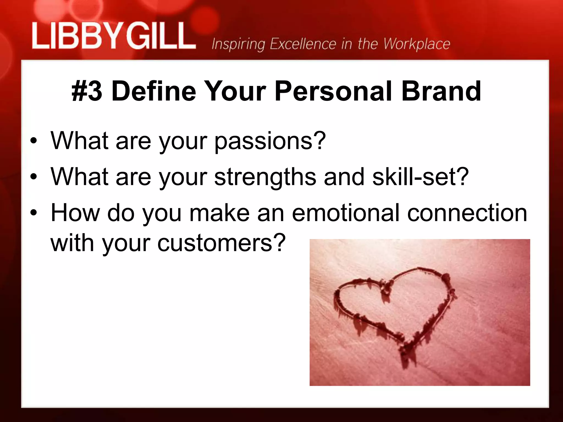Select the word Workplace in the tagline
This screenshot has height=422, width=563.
417,44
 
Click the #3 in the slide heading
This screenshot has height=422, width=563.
87,91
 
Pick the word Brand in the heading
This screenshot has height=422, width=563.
441,91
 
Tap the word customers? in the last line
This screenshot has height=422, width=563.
222,243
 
